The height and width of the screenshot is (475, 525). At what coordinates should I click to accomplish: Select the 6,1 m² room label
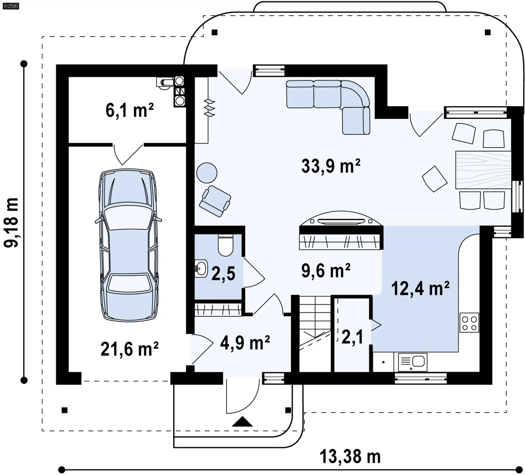[129, 110]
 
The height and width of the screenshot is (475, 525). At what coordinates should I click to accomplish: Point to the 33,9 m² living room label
[331, 166]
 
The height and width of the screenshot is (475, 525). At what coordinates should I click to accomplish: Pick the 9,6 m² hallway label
[326, 271]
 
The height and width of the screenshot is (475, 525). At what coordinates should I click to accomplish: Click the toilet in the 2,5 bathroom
[226, 245]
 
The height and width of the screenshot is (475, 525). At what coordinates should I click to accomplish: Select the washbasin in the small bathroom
[201, 269]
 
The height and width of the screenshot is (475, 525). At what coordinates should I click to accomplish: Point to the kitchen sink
[412, 362]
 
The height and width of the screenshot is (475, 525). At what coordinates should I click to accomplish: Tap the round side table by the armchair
[207, 173]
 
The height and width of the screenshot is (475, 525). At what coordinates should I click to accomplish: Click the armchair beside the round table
[215, 201]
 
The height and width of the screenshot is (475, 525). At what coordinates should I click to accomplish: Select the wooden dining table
[483, 170]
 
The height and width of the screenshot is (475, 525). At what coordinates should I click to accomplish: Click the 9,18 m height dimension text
[11, 222]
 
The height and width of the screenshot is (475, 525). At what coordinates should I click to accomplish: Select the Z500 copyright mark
[11, 6]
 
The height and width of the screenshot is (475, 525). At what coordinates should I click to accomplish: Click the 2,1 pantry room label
[352, 337]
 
